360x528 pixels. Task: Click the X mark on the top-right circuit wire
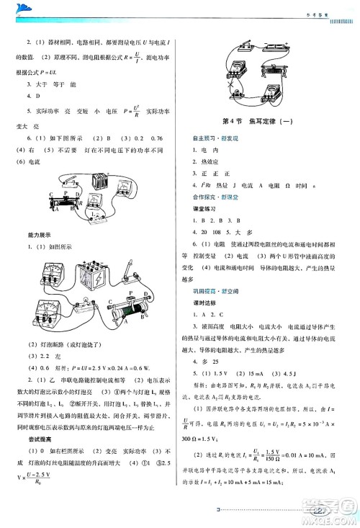point(232,91)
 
